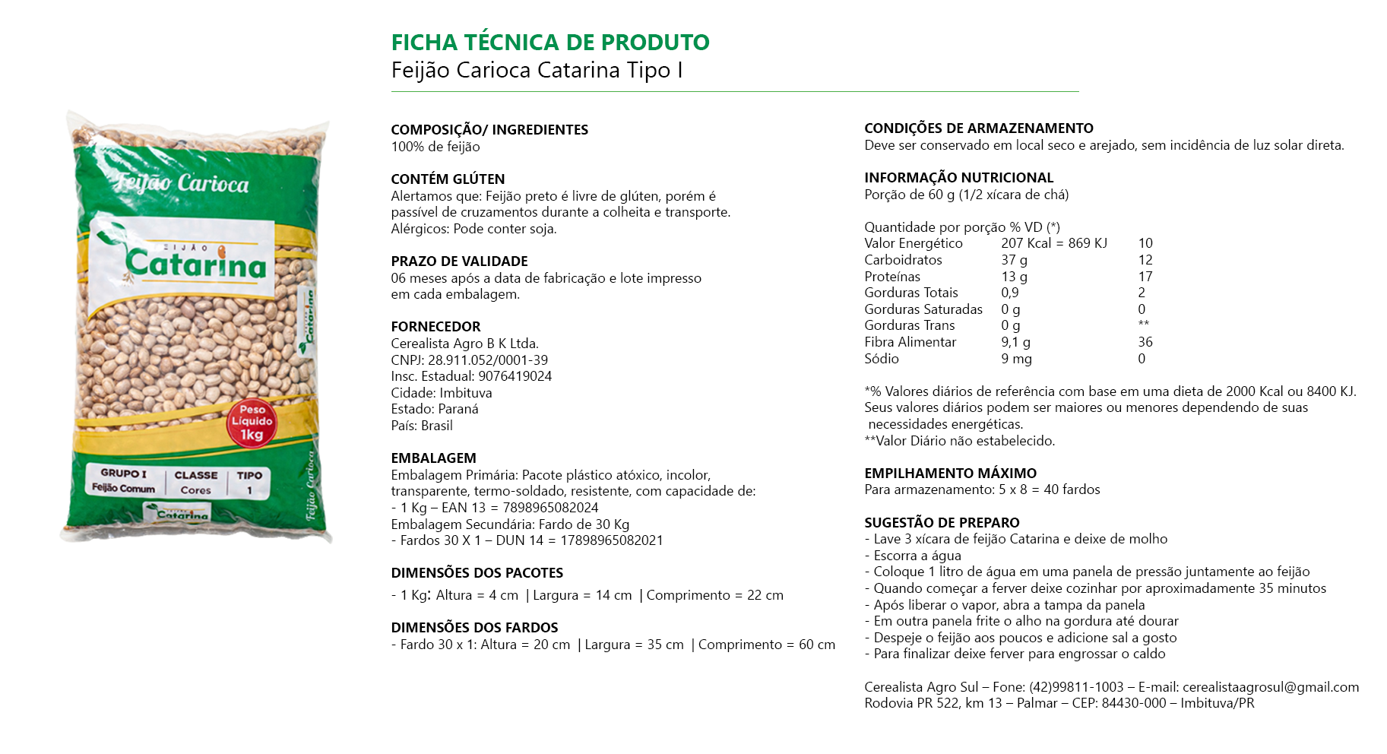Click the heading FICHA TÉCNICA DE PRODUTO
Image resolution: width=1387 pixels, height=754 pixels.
pyautogui.click(x=549, y=43)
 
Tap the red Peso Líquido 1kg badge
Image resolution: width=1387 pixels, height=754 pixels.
pyautogui.click(x=252, y=422)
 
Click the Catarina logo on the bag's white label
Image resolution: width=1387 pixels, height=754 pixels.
pyautogui.click(x=196, y=263)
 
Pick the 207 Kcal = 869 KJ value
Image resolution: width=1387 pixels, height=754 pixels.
pyautogui.click(x=1053, y=243)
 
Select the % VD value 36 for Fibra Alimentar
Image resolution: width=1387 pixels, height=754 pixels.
pyautogui.click(x=1145, y=342)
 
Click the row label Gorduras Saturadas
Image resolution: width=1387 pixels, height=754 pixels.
pyautogui.click(x=923, y=309)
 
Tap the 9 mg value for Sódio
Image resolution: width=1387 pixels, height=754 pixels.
pyautogui.click(x=1016, y=359)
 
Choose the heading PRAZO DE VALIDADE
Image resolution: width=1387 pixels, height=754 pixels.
pyautogui.click(x=459, y=261)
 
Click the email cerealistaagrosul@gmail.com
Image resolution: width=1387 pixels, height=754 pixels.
pyautogui.click(x=1270, y=687)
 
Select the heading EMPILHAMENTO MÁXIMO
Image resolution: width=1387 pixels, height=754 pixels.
pyautogui.click(x=950, y=473)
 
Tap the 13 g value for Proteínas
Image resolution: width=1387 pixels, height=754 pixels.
pyautogui.click(x=1014, y=277)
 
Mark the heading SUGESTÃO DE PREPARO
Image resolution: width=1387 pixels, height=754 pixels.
pyautogui.click(x=942, y=523)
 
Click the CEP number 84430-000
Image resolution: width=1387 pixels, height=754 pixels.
pyautogui.click(x=1133, y=703)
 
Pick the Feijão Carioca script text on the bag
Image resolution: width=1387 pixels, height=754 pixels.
pyautogui.click(x=182, y=182)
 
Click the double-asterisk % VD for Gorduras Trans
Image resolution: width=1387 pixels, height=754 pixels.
pyautogui.click(x=1143, y=325)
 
